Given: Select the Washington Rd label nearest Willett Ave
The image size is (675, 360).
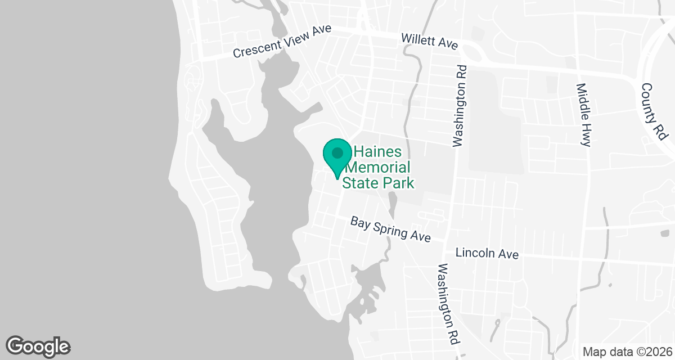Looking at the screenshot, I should coord(460,105).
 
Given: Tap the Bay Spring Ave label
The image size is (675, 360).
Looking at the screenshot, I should coord(390,229).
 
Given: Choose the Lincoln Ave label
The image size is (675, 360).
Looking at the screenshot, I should coord(487,254).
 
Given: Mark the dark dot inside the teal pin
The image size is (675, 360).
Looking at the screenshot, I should coord(337,152).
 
